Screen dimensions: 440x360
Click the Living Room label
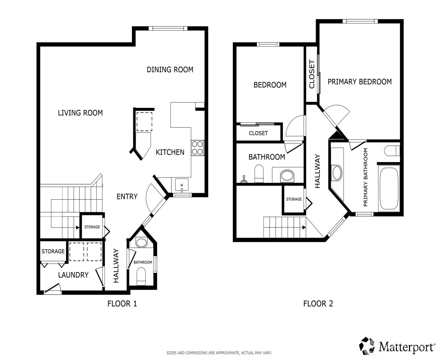[80, 113]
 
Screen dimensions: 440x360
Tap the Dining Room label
[170, 70]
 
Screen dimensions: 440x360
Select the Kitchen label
[170, 152]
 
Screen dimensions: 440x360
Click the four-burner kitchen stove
[197, 148]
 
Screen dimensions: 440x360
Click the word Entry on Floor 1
[127, 197]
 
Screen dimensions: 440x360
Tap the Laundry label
[73, 275]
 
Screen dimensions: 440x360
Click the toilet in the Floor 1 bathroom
[141, 276]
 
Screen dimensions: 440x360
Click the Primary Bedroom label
[360, 82]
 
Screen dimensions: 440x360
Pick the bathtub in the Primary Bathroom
[389, 188]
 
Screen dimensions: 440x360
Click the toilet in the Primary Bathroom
[392, 151]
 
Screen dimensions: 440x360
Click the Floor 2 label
[318, 303]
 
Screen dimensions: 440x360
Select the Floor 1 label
[122, 303]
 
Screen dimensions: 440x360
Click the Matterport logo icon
[368, 346]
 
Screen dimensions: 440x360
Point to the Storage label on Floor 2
[294, 199]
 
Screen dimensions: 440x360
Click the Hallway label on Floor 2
[317, 171]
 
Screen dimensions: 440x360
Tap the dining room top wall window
[168, 28]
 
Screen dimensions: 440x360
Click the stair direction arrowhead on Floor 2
[304, 228]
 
